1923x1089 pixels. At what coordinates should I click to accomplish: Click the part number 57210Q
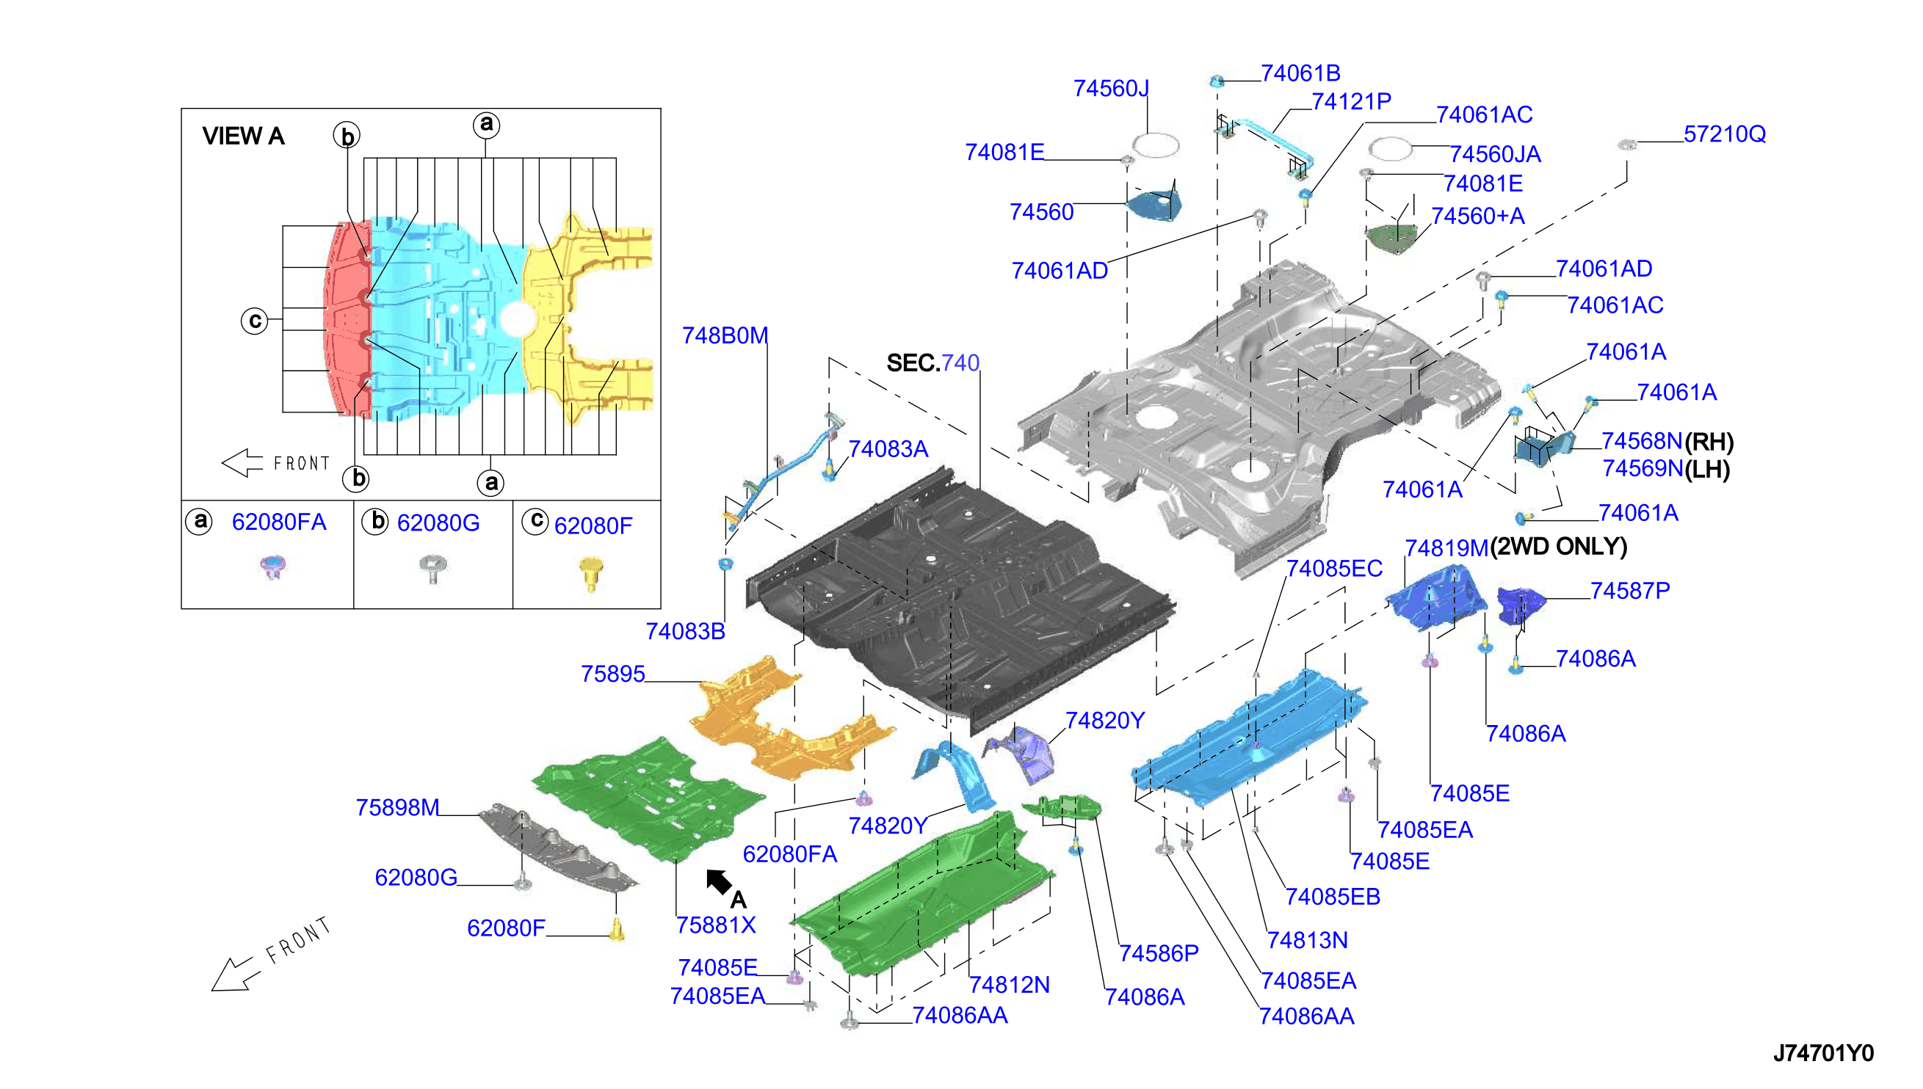[x=1724, y=134]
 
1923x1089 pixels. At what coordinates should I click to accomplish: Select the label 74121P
[x=1351, y=101]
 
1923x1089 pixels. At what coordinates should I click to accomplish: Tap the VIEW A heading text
[x=243, y=136]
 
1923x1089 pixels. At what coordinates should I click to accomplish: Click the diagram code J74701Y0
[x=1823, y=1053]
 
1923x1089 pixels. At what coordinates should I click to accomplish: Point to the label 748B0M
[x=724, y=335]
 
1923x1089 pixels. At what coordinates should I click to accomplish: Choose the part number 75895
[x=613, y=674]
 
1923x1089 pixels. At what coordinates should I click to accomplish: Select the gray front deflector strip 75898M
[x=558, y=848]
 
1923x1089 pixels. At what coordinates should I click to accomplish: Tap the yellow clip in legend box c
[x=591, y=574]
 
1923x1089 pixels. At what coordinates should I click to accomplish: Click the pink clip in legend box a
[x=273, y=567]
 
